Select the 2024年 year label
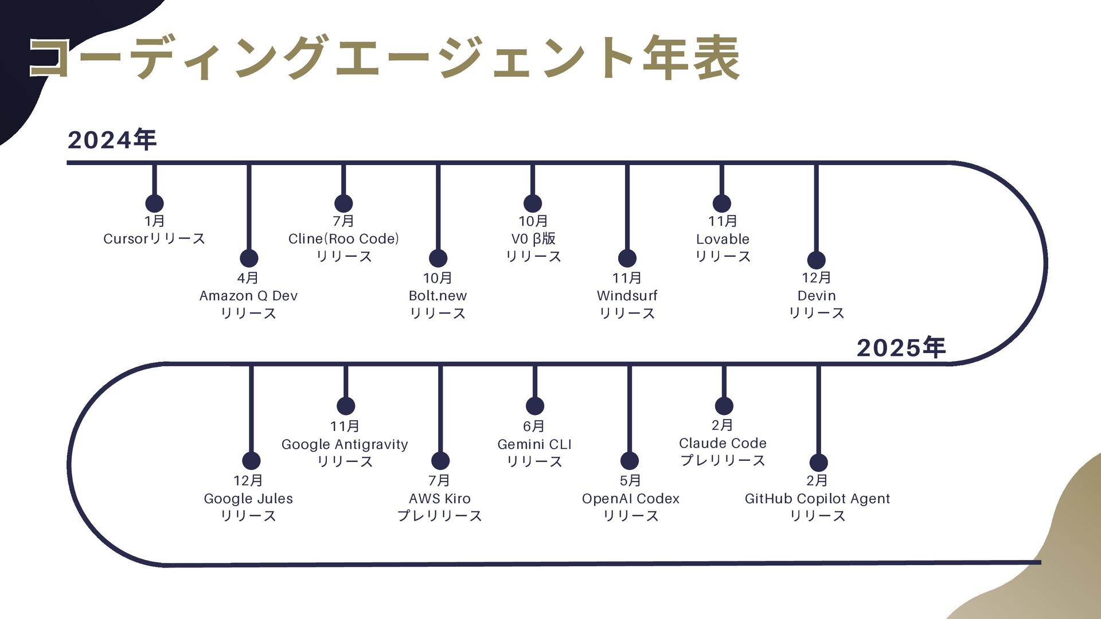pyautogui.click(x=112, y=140)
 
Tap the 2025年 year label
pyautogui.click(x=901, y=347)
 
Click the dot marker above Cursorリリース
pyautogui.click(x=154, y=203)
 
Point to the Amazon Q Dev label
pyautogui.click(x=248, y=296)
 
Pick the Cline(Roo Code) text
pyautogui.click(x=343, y=238)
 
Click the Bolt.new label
pyautogui.click(x=438, y=296)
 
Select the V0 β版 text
pyautogui.click(x=533, y=238)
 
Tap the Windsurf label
pyautogui.click(x=627, y=296)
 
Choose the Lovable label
pyautogui.click(x=723, y=239)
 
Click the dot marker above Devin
pyautogui.click(x=816, y=260)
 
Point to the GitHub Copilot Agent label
pyautogui.click(x=817, y=499)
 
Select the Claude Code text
pyautogui.click(x=723, y=443)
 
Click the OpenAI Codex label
pyautogui.click(x=630, y=499)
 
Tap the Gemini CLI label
pyautogui.click(x=534, y=444)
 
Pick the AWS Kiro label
pyautogui.click(x=440, y=499)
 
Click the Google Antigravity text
pyautogui.click(x=345, y=444)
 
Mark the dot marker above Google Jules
pyautogui.click(x=251, y=461)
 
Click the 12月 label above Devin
pyautogui.click(x=816, y=277)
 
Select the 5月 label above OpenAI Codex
pyautogui.click(x=630, y=480)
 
